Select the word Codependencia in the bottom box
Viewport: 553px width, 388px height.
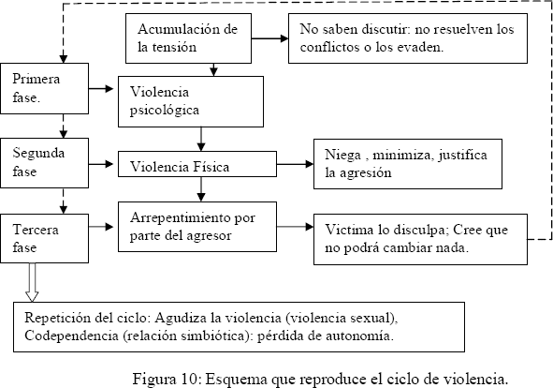[72, 336]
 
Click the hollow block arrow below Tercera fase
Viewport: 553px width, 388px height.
[32, 282]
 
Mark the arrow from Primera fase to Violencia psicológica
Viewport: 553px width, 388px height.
[101, 89]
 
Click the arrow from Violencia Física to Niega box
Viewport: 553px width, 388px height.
[295, 164]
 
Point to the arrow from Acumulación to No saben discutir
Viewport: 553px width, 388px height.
[269, 38]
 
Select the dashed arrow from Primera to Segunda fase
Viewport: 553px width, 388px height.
[64, 126]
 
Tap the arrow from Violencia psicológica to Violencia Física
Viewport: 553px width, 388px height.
[201, 140]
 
